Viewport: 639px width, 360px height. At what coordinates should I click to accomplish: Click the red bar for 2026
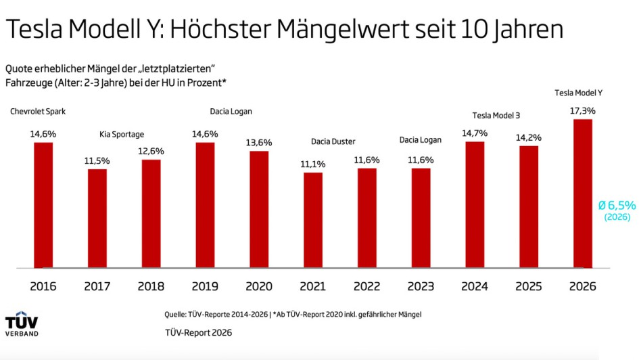pos(582,194)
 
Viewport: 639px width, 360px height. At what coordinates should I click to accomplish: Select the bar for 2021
pos(313,220)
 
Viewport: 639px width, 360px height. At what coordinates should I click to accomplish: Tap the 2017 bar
pos(97,218)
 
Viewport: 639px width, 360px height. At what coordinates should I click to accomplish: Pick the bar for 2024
pos(475,204)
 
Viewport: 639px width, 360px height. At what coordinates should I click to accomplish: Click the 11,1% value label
pos(313,164)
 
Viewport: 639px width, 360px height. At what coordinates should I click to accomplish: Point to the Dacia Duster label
pos(333,141)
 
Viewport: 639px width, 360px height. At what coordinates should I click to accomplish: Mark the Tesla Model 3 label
pos(496,116)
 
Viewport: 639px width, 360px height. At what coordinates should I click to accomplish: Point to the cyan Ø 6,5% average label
pos(617,204)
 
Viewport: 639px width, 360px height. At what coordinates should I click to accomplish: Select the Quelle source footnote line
pos(296,314)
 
